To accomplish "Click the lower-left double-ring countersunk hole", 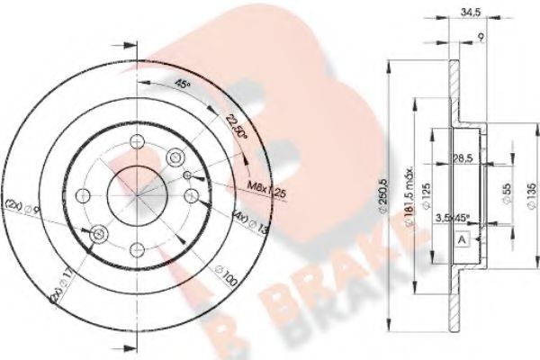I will point(98,234).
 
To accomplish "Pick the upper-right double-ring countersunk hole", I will point(186,175).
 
